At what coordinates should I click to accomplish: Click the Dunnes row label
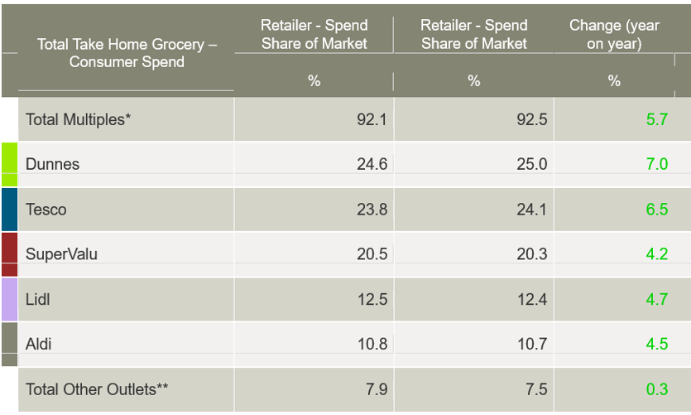(x=53, y=164)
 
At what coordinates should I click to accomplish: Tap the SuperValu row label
(x=61, y=254)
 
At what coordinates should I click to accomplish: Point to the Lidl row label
(x=38, y=299)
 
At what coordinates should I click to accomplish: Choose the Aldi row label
(x=39, y=344)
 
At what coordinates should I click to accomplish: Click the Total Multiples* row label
(x=79, y=119)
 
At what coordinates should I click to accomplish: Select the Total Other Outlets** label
(x=97, y=388)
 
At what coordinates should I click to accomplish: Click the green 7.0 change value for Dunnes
(x=656, y=164)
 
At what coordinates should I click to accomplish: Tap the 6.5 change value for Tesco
(x=656, y=210)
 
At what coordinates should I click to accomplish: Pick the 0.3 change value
(x=656, y=388)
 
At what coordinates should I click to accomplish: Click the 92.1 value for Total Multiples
(x=372, y=119)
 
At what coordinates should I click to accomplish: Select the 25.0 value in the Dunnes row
(x=531, y=164)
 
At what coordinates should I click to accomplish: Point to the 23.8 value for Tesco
(x=372, y=210)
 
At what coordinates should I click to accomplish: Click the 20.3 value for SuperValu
(x=531, y=254)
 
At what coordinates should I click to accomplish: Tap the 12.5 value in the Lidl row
(x=372, y=299)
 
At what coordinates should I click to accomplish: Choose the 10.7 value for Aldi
(x=531, y=344)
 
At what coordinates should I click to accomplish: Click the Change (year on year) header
(x=614, y=35)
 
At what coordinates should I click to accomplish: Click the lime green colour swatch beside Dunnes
(x=9, y=164)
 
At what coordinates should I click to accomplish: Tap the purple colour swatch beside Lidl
(x=9, y=299)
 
